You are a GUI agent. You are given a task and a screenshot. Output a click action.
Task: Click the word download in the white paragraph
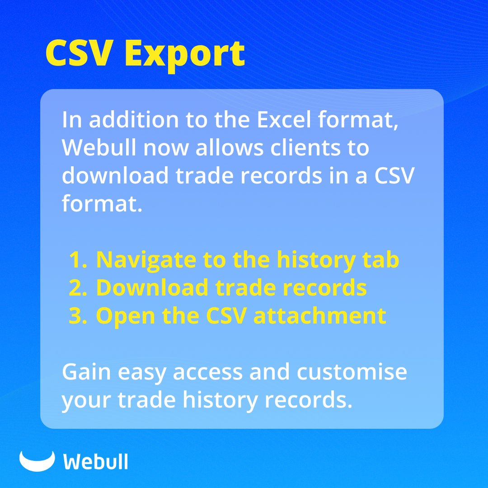115,176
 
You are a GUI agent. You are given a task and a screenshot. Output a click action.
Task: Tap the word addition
131,120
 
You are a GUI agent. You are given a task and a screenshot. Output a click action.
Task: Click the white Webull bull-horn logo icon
37,460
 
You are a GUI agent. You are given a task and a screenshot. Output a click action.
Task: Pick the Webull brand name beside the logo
95,462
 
